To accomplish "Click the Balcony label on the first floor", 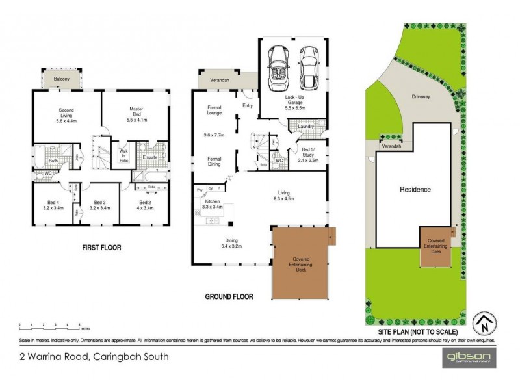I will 62,79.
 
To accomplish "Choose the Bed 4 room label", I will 52,205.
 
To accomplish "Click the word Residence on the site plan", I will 414,190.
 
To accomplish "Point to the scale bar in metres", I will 49,324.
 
